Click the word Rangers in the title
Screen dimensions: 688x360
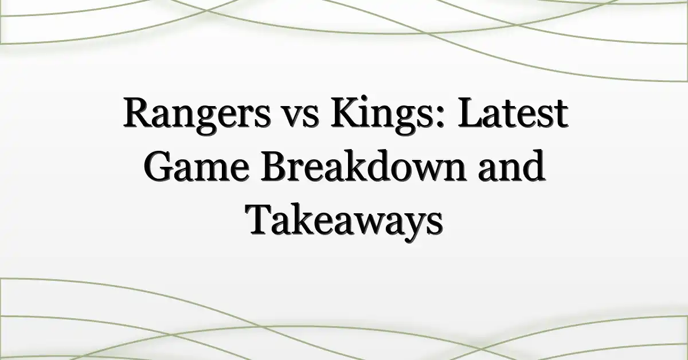tap(197, 115)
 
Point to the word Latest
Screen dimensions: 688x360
tap(513, 112)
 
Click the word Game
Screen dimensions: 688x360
tap(196, 166)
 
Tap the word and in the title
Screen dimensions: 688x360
tap(511, 166)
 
